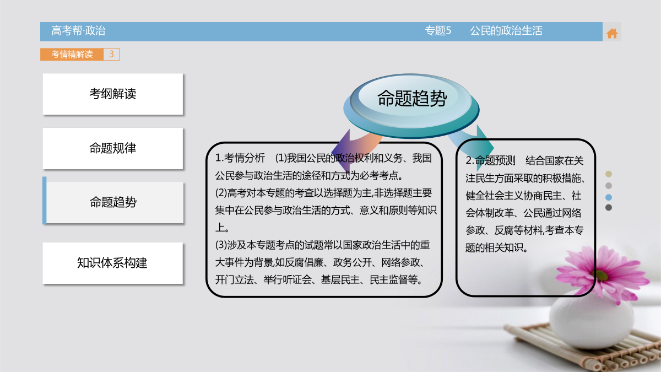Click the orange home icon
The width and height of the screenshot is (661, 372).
pyautogui.click(x=612, y=34)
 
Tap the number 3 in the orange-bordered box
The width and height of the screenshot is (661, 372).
pyautogui.click(x=111, y=54)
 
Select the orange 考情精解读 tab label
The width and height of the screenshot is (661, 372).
pyautogui.click(x=72, y=55)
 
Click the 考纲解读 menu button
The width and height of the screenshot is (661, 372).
pyautogui.click(x=113, y=94)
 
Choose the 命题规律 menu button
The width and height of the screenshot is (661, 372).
pyautogui.click(x=113, y=148)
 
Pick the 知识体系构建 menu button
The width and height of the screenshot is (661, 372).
pyautogui.click(x=113, y=263)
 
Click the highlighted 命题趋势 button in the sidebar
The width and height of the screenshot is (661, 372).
pyautogui.click(x=113, y=202)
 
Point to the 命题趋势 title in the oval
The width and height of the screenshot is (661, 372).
pyautogui.click(x=412, y=98)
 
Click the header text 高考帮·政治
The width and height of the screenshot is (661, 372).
pyautogui.click(x=78, y=31)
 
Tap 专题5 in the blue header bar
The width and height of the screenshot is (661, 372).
pyautogui.click(x=438, y=31)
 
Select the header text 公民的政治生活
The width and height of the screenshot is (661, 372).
pyautogui.click(x=506, y=31)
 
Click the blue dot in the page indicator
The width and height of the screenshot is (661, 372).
pyautogui.click(x=609, y=197)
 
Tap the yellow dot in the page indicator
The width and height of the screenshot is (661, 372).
pyautogui.click(x=609, y=174)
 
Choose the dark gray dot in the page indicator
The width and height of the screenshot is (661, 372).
pyautogui.click(x=609, y=208)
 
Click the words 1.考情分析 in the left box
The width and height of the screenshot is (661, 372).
pyautogui.click(x=240, y=158)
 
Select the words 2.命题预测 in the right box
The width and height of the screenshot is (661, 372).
pyautogui.click(x=490, y=160)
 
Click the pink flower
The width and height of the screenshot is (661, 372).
pyautogui.click(x=602, y=273)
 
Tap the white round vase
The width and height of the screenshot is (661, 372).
pyautogui.click(x=591, y=321)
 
